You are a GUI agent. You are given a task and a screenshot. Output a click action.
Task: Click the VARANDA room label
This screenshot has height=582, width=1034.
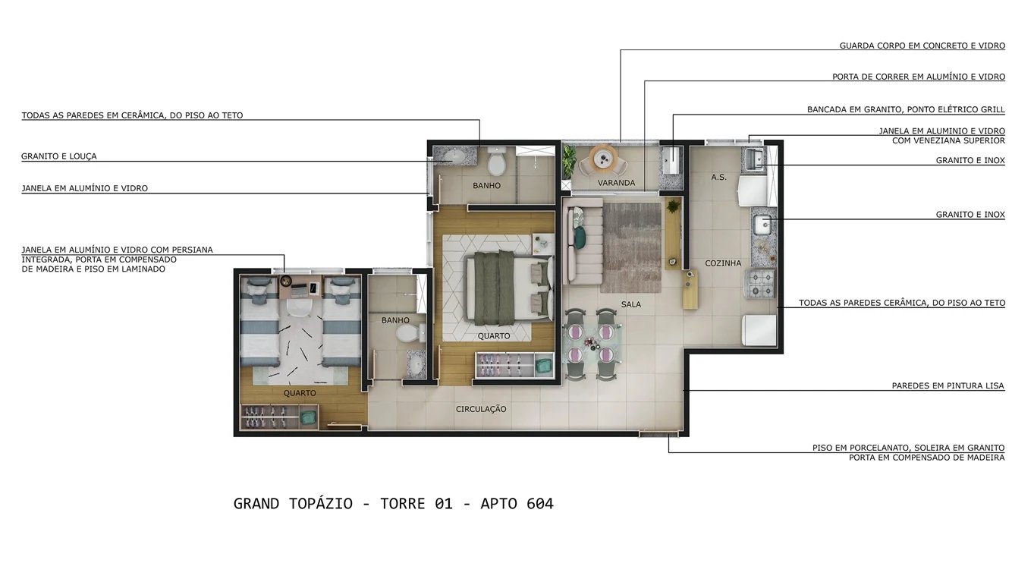(616, 183)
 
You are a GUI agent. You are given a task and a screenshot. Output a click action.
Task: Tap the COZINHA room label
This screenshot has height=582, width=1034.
(723, 263)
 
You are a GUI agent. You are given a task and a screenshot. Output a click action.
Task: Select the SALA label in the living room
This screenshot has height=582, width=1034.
(631, 304)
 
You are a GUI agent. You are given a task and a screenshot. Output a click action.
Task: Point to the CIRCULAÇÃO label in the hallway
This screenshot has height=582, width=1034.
(481, 409)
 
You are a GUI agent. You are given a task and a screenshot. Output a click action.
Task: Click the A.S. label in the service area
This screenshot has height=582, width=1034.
(718, 178)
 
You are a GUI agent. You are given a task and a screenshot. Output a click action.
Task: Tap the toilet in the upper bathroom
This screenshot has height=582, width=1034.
(497, 162)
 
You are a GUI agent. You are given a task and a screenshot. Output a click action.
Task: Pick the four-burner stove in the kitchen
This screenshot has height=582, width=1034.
(761, 285)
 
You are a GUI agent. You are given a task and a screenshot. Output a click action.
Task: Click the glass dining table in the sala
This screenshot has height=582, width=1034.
(590, 344)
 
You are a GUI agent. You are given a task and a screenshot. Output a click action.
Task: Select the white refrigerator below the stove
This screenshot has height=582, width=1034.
(759, 330)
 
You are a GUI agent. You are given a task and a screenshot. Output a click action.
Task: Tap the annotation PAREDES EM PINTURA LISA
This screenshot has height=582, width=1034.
(948, 386)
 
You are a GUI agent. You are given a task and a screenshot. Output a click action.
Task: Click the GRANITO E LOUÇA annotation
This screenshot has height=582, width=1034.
(59, 157)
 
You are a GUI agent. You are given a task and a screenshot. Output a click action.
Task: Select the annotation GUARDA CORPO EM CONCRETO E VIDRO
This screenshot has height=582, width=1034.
(922, 46)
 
